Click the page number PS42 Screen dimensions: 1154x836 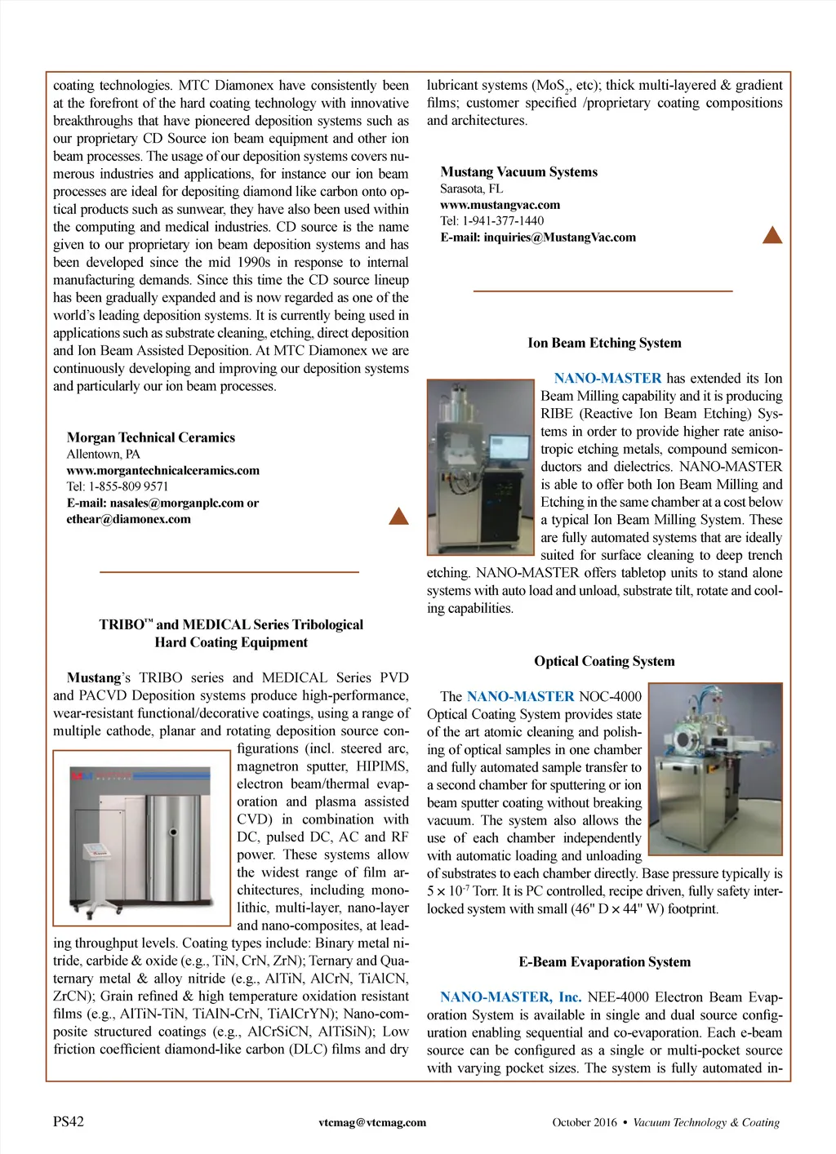pos(69,1121)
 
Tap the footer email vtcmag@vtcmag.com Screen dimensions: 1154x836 pos(372,1122)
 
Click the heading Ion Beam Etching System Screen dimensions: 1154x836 pos(604,343)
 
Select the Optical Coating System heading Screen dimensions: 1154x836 pos(604,661)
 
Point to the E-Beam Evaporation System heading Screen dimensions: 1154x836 pos(604,961)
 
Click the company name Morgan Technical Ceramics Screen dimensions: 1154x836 pos(151,437)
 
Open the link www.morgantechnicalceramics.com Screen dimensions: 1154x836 pos(163,470)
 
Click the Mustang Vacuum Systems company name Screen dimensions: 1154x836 pos(519,171)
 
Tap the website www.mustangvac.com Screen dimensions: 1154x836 pos(500,205)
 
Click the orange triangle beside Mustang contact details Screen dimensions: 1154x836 pos(772,236)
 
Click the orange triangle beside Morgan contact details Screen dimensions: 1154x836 pos(398,516)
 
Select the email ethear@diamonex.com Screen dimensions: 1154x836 pos(129,519)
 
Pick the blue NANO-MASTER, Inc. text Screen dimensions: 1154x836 pos(510,996)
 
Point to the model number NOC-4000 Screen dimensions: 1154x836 pos(610,696)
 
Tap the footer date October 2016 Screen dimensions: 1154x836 pos(585,1122)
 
